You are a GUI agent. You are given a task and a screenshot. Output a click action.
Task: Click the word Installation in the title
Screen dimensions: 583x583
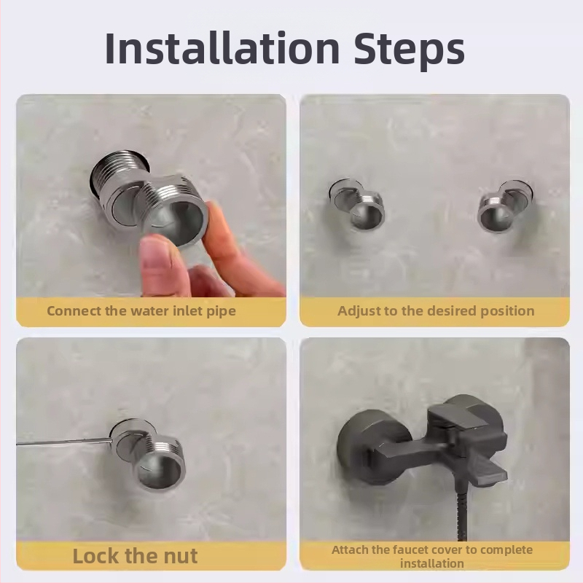(222, 48)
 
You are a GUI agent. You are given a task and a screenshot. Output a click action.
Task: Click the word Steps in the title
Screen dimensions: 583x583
(410, 51)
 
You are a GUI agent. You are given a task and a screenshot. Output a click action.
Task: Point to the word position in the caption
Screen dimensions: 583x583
(507, 312)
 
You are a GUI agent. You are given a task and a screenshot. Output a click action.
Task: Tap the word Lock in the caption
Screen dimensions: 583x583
(96, 556)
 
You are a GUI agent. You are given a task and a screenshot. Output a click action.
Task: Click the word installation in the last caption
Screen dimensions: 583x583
(432, 563)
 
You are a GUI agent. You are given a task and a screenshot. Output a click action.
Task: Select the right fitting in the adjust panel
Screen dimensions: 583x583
(505, 207)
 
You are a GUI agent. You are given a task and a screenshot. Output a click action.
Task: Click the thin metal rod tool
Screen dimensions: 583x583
(65, 442)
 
